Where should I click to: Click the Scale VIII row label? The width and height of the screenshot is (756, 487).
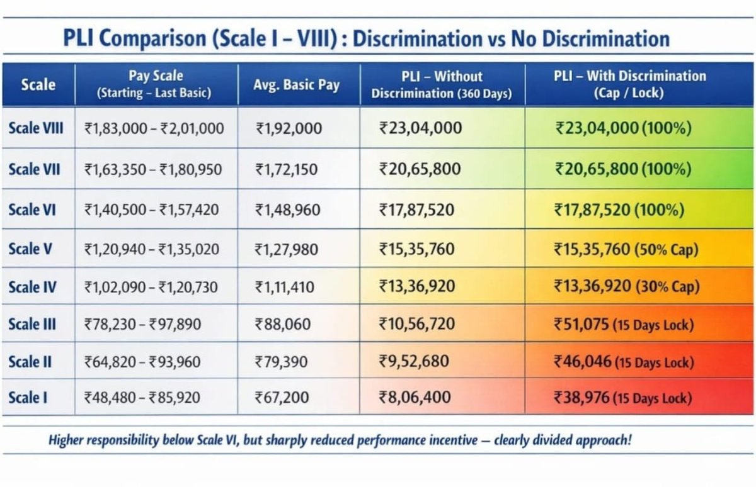(36, 128)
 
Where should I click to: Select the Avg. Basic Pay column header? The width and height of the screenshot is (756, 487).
(296, 84)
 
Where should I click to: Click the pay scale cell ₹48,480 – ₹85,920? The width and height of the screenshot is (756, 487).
(151, 398)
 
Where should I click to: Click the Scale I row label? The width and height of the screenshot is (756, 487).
(28, 398)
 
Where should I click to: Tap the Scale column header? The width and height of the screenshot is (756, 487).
(38, 84)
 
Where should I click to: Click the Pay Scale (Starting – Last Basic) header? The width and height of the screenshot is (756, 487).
(155, 84)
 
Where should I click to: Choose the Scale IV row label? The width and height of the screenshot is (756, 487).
(32, 288)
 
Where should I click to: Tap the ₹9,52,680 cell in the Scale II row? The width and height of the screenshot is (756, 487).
(415, 361)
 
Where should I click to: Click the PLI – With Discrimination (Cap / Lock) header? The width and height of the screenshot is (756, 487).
(629, 84)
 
